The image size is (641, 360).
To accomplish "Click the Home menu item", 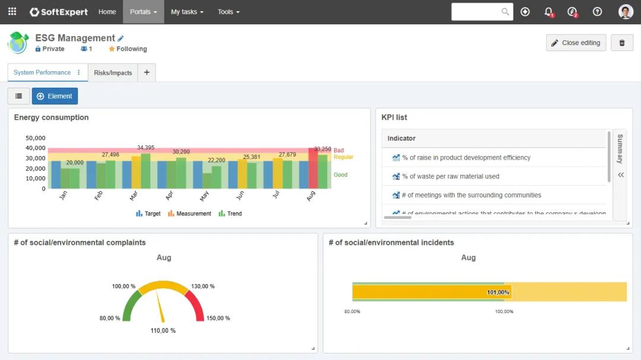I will click(107, 12).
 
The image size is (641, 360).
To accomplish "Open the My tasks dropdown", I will click(186, 12).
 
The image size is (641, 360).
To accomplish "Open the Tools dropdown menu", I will click(229, 12).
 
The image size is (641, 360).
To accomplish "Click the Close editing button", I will click(576, 43).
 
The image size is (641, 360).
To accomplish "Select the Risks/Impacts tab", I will click(113, 73).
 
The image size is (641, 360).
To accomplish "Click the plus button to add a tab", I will click(147, 72).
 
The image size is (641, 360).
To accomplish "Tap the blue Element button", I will click(55, 96).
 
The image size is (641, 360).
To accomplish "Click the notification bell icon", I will click(548, 12).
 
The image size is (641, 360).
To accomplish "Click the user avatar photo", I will click(626, 12).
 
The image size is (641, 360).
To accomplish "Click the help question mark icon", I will click(597, 12).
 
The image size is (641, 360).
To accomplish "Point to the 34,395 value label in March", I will click(145, 148).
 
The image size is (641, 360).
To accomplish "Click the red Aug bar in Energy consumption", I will click(313, 169).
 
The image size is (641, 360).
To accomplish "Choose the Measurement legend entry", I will click(189, 214).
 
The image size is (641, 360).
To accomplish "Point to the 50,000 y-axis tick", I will click(36, 138).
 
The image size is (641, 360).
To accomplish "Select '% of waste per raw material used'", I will click(450, 176).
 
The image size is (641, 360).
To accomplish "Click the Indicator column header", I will click(402, 138).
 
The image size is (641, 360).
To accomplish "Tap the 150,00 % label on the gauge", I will click(218, 318).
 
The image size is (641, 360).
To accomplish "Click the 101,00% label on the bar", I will click(498, 292).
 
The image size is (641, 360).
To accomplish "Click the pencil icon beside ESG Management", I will click(121, 39).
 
